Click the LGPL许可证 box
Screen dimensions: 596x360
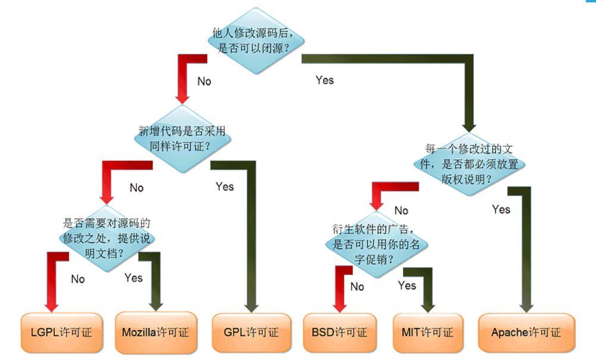(x=62, y=333)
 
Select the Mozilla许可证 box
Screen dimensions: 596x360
(x=156, y=333)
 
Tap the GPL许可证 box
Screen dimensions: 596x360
(x=252, y=333)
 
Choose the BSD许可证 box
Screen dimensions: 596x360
(x=340, y=333)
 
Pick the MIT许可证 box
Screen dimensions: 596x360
(x=428, y=333)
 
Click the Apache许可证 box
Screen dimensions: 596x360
(x=526, y=333)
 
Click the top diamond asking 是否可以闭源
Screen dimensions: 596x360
(x=256, y=41)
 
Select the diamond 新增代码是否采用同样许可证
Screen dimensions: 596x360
(x=182, y=139)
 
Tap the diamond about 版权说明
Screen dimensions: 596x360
(x=469, y=165)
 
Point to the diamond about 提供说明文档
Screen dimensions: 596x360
(x=107, y=238)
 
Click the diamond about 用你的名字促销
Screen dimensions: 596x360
(x=377, y=244)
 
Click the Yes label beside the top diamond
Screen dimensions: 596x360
(x=325, y=80)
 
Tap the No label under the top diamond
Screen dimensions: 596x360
(x=204, y=81)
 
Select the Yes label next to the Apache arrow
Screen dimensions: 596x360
(x=501, y=209)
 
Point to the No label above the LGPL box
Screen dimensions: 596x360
(x=77, y=280)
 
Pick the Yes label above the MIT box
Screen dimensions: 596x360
(x=406, y=285)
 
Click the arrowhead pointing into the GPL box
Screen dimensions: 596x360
(x=252, y=308)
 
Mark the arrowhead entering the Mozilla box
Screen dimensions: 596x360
(x=156, y=307)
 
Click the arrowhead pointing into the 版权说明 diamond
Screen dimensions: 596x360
(x=469, y=128)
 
